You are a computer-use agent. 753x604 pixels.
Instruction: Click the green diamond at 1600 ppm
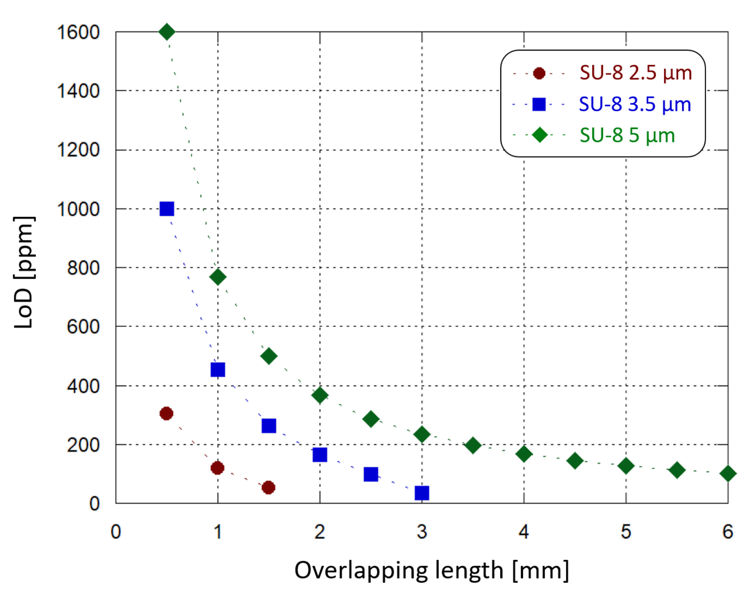167,32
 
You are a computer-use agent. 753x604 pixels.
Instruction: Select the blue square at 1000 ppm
167,209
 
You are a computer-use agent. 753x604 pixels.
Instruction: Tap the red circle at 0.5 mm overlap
166,413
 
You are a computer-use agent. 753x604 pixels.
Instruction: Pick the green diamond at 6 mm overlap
728,473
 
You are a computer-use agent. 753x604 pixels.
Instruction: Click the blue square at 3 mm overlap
422,493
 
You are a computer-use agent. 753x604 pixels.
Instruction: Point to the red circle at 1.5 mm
268,488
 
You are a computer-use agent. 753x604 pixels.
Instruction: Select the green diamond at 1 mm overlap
218,277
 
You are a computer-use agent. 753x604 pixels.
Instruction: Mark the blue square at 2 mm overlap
320,455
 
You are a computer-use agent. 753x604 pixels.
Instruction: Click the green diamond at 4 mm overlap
524,454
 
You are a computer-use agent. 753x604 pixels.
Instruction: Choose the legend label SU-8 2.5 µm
635,73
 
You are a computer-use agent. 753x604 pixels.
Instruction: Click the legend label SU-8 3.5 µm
635,105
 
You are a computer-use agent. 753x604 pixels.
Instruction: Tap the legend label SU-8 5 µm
627,135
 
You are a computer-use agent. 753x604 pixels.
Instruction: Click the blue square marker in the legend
539,105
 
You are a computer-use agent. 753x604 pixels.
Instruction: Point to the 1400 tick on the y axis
78,91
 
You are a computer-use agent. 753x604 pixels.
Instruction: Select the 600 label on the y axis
83,327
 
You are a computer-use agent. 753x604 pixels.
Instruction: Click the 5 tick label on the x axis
626,532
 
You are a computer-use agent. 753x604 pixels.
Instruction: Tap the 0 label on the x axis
116,532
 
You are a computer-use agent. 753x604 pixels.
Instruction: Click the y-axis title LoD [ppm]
23,272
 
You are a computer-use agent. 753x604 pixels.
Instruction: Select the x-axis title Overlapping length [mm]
432,570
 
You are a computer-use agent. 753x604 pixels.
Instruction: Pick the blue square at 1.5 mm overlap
269,426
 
